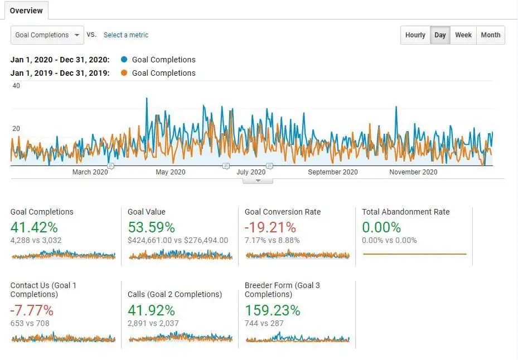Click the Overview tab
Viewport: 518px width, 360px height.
click(x=26, y=11)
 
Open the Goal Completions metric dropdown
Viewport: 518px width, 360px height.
click(x=47, y=35)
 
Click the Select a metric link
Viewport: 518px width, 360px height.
click(x=126, y=35)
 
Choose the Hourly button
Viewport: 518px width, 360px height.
click(x=415, y=35)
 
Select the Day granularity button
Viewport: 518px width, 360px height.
click(x=440, y=35)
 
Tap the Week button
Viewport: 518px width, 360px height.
click(x=463, y=35)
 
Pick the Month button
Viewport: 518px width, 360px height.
click(x=491, y=35)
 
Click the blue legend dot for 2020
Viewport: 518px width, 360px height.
click(x=124, y=60)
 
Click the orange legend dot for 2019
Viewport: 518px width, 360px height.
click(x=124, y=73)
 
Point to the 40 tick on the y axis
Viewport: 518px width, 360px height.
click(x=16, y=86)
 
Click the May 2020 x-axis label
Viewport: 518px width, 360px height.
click(x=171, y=172)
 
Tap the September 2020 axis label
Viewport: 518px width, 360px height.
click(x=333, y=172)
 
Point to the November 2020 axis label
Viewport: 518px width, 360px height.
click(x=413, y=172)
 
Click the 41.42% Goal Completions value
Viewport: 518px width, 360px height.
click(x=34, y=227)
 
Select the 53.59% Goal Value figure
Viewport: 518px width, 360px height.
click(x=151, y=227)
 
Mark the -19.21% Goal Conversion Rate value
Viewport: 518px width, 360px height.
click(x=270, y=227)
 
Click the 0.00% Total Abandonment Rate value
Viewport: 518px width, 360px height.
click(x=381, y=227)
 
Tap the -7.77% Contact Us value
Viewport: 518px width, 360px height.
click(x=32, y=310)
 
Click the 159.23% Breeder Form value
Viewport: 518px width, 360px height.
click(x=272, y=310)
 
